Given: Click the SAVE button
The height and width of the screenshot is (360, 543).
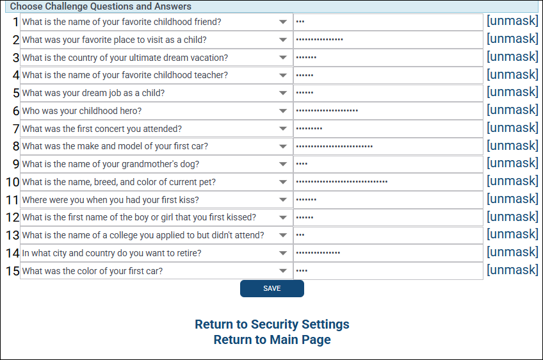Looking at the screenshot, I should tap(271, 288).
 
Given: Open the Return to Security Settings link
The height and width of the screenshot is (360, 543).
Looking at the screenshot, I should tap(271, 324).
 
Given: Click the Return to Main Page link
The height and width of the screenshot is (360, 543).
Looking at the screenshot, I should tap(271, 340).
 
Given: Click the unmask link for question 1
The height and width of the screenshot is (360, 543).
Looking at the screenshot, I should tap(512, 21).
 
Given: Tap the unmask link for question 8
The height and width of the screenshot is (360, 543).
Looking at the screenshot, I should tap(512, 145).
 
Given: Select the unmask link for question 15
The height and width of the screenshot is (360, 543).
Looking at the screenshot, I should tap(512, 270).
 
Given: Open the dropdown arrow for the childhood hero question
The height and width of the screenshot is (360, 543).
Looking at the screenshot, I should tap(283, 111).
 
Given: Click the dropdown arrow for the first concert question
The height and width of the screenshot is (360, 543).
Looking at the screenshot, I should tap(283, 129).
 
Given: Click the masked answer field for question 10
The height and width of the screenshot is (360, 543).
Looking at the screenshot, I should tap(388, 182).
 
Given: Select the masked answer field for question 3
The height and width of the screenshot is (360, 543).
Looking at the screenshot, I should tap(388, 58).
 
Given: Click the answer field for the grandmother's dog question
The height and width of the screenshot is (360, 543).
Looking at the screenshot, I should tap(388, 164).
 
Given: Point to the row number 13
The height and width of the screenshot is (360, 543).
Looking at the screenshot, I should tap(12, 236).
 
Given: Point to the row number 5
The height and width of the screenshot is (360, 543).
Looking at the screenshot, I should tap(16, 94).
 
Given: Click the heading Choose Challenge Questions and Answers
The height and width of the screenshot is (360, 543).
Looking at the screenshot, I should tap(101, 6).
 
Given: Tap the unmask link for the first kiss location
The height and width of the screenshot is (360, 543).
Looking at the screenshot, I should tap(512, 199).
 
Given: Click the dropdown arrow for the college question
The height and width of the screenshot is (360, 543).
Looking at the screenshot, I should tap(283, 235).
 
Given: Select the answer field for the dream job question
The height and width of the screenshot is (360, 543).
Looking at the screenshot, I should tap(388, 93).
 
